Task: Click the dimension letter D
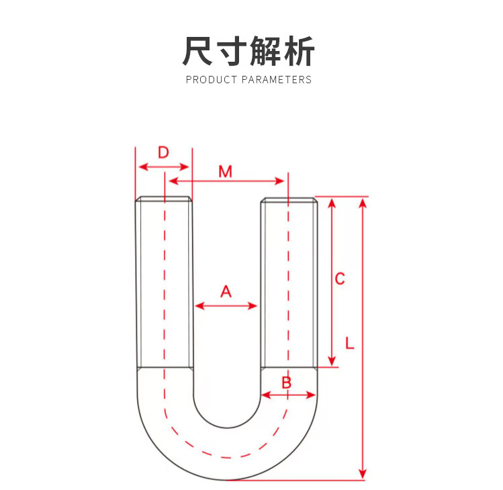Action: click(x=163, y=152)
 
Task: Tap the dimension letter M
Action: click(x=225, y=172)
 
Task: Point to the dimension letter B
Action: click(x=286, y=383)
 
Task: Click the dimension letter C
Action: click(x=340, y=278)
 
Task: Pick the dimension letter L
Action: click(x=350, y=343)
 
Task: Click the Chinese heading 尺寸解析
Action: click(x=248, y=51)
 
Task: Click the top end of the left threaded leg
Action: click(x=164, y=199)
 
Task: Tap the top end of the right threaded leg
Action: click(x=289, y=199)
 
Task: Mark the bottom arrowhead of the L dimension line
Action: click(x=363, y=475)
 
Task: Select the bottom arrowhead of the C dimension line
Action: click(x=331, y=362)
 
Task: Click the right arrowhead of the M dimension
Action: click(x=281, y=181)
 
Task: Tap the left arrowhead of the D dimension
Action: click(x=140, y=166)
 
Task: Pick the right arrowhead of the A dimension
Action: click(x=254, y=306)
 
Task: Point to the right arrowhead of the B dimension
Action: click(x=312, y=395)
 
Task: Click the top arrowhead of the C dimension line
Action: click(x=331, y=202)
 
